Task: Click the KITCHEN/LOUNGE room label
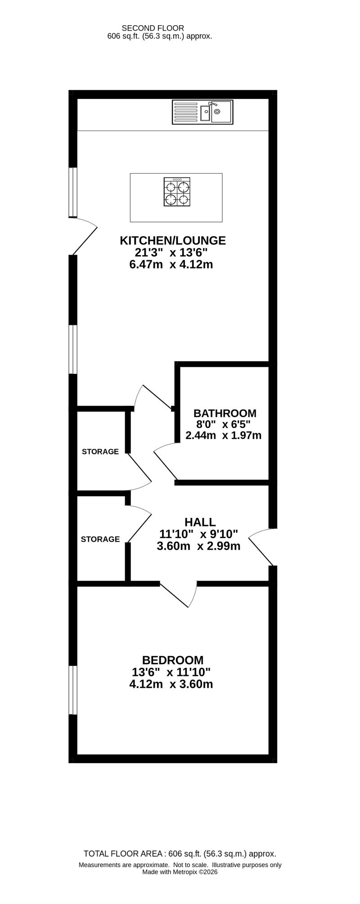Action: (x=172, y=240)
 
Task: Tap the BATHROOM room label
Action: (x=225, y=413)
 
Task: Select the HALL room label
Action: (x=200, y=522)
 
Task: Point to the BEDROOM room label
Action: (x=172, y=660)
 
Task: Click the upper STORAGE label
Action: (x=100, y=451)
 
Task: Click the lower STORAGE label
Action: (x=100, y=539)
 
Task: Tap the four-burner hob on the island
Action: (x=176, y=192)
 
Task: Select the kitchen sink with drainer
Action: (x=202, y=112)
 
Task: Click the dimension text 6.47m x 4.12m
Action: (x=171, y=265)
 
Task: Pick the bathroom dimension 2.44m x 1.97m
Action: (x=223, y=436)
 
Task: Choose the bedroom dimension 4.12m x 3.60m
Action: (x=171, y=684)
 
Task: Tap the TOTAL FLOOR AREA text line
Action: (x=180, y=854)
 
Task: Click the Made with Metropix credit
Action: (x=180, y=872)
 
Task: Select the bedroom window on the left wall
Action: (x=72, y=690)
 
